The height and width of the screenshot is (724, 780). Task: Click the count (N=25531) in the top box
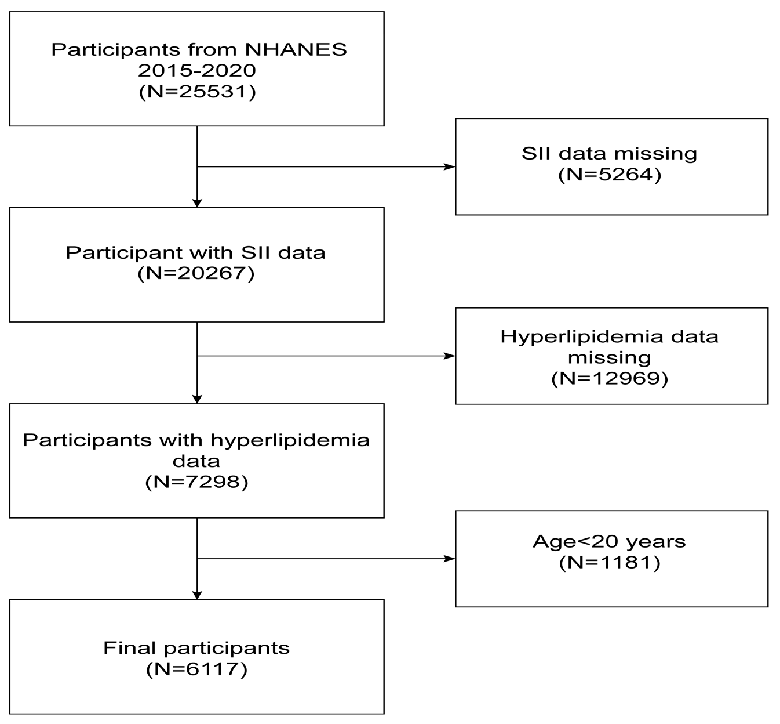(197, 92)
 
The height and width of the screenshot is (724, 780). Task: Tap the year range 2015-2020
(197, 70)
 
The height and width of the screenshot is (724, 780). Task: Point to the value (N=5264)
(610, 175)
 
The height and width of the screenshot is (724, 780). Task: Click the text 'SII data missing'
(610, 154)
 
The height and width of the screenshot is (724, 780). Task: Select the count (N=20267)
(196, 273)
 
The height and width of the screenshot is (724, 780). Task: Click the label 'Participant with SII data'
(195, 252)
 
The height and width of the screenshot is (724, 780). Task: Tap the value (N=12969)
(610, 378)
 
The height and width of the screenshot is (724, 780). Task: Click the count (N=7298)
(196, 482)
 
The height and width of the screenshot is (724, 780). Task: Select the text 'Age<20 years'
(609, 541)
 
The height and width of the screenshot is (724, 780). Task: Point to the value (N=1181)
(610, 562)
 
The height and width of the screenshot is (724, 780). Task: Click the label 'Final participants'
(196, 647)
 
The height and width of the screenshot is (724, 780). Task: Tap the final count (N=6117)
(196, 669)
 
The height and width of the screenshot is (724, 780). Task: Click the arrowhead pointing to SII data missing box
(449, 167)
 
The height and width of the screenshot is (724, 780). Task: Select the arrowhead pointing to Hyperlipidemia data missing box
(449, 356)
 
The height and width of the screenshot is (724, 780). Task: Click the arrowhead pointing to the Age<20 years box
(449, 559)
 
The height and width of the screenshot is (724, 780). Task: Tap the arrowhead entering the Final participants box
(197, 595)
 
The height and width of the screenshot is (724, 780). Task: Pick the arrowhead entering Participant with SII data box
(197, 202)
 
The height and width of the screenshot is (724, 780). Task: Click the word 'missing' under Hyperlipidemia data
(610, 357)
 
